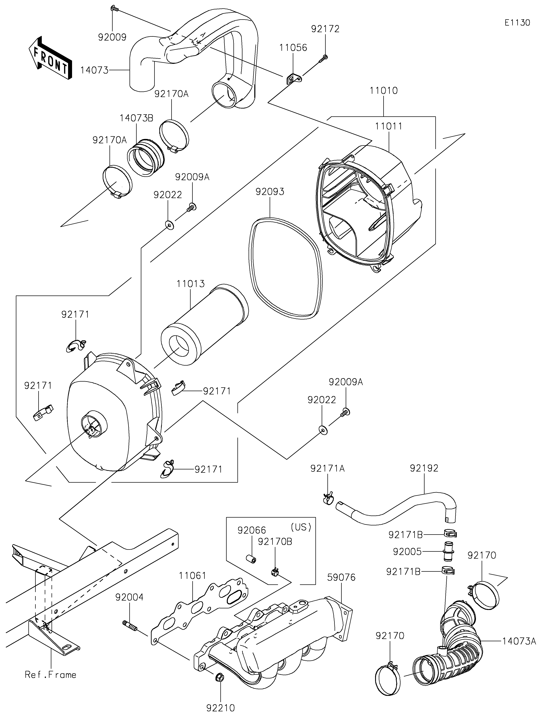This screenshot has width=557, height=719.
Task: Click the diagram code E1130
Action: [517, 23]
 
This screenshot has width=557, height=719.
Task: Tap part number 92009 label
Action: [112, 37]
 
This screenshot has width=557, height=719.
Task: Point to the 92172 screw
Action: [323, 59]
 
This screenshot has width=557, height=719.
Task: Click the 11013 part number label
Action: [190, 283]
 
